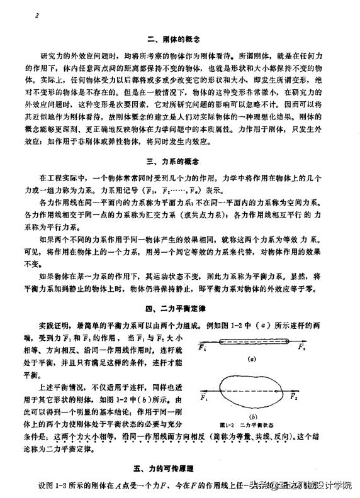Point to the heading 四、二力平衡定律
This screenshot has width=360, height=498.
coord(179,310)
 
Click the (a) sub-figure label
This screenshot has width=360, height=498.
coord(251,360)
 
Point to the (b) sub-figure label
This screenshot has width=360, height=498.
coord(251,416)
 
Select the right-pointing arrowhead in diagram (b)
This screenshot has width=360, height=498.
coord(296,391)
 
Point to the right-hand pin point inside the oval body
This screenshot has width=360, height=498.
coord(278,391)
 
